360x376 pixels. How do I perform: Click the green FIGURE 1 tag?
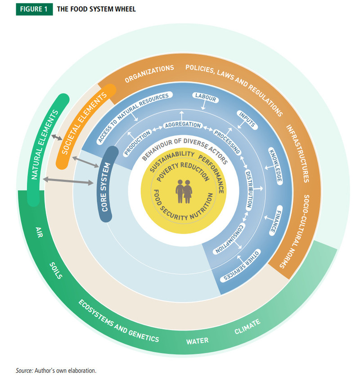(34, 9)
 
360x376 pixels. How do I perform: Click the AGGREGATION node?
(182, 125)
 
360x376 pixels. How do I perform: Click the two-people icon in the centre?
(183, 191)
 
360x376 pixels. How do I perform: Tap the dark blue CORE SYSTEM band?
(105, 185)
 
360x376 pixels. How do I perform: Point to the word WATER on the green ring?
(198, 340)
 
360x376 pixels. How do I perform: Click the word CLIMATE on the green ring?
(247, 327)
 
